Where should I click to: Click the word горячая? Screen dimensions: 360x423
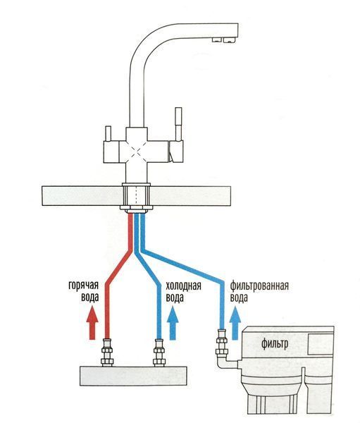click(x=83, y=286)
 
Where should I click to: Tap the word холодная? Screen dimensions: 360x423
click(x=183, y=286)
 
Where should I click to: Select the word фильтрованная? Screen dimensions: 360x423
click(x=259, y=286)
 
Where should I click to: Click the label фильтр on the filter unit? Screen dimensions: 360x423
click(x=275, y=344)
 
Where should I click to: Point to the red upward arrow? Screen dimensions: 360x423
click(x=92, y=322)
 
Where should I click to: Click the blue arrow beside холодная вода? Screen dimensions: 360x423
click(x=173, y=322)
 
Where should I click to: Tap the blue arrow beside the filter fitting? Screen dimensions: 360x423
click(x=235, y=322)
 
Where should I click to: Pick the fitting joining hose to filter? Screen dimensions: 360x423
click(x=222, y=342)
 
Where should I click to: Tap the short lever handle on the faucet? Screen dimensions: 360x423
click(x=108, y=133)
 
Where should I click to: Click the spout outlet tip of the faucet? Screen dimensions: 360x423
click(x=224, y=40)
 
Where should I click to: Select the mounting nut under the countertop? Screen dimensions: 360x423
click(x=136, y=208)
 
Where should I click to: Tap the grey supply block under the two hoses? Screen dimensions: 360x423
click(x=133, y=376)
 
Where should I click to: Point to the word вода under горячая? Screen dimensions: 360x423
click(x=89, y=298)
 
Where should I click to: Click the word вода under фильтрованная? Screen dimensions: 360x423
click(x=239, y=298)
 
